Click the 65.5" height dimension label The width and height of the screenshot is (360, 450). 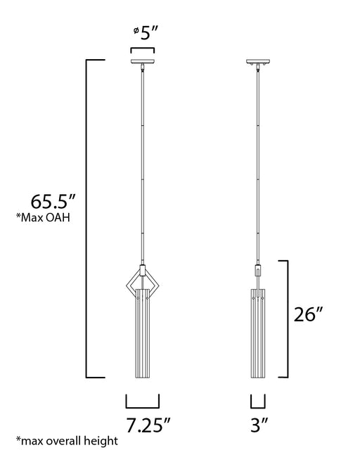[x=53, y=201]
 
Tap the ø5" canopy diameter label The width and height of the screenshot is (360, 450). [x=146, y=33]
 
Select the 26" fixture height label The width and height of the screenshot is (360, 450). [x=309, y=314]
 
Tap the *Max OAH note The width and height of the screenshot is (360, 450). [x=43, y=217]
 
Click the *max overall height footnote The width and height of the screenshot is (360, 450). [x=67, y=441]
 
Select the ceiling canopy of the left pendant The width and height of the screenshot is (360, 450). [x=143, y=61]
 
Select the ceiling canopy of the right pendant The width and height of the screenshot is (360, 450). [x=258, y=61]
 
